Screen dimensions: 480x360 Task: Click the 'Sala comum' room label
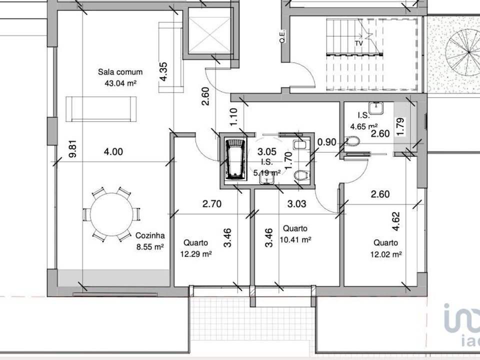(x=120, y=72)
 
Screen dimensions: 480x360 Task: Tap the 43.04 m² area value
(x=120, y=83)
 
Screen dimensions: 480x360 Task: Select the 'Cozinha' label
(x=150, y=235)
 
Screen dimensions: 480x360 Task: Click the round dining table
(x=111, y=213)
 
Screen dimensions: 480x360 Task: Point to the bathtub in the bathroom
(x=235, y=158)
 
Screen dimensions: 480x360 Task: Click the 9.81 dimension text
(x=73, y=149)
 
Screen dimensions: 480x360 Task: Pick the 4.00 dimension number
(x=113, y=151)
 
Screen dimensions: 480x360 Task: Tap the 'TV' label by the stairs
(x=359, y=43)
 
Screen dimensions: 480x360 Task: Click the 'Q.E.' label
(x=282, y=36)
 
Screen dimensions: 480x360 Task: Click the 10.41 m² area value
(x=295, y=239)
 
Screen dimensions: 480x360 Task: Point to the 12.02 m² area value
(x=385, y=254)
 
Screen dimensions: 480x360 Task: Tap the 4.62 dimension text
(x=396, y=221)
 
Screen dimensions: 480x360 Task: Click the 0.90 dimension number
(x=327, y=142)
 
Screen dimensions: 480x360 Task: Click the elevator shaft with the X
(x=209, y=30)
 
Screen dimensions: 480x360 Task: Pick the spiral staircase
(x=462, y=52)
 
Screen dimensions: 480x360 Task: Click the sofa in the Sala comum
(x=101, y=109)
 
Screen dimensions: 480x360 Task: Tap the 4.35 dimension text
(x=163, y=71)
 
